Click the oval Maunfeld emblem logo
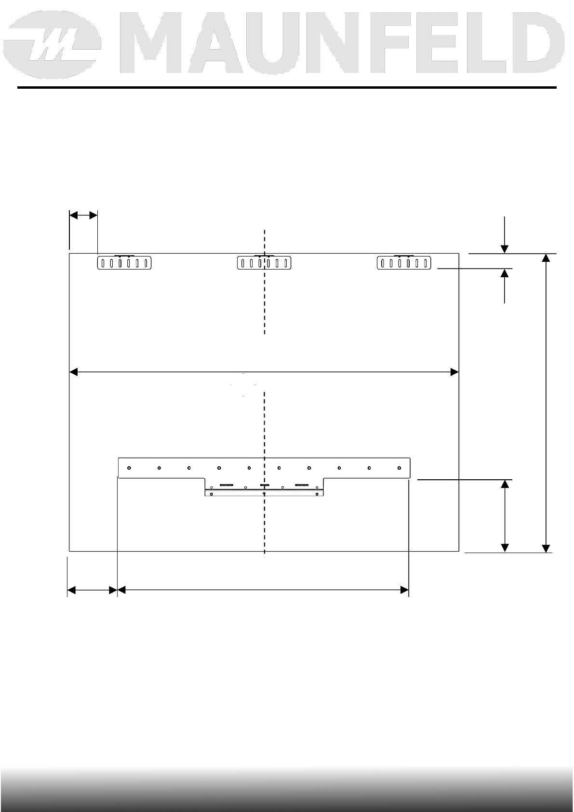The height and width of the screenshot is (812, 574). coord(52,45)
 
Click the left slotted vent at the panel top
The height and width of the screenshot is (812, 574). coord(124,262)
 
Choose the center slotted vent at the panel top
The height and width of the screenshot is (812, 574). coord(264,262)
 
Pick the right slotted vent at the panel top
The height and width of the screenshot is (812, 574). coord(404,262)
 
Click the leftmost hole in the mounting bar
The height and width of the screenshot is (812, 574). coord(129,468)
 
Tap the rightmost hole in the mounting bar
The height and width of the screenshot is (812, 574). coord(400,468)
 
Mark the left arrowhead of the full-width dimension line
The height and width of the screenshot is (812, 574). coord(73,372)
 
